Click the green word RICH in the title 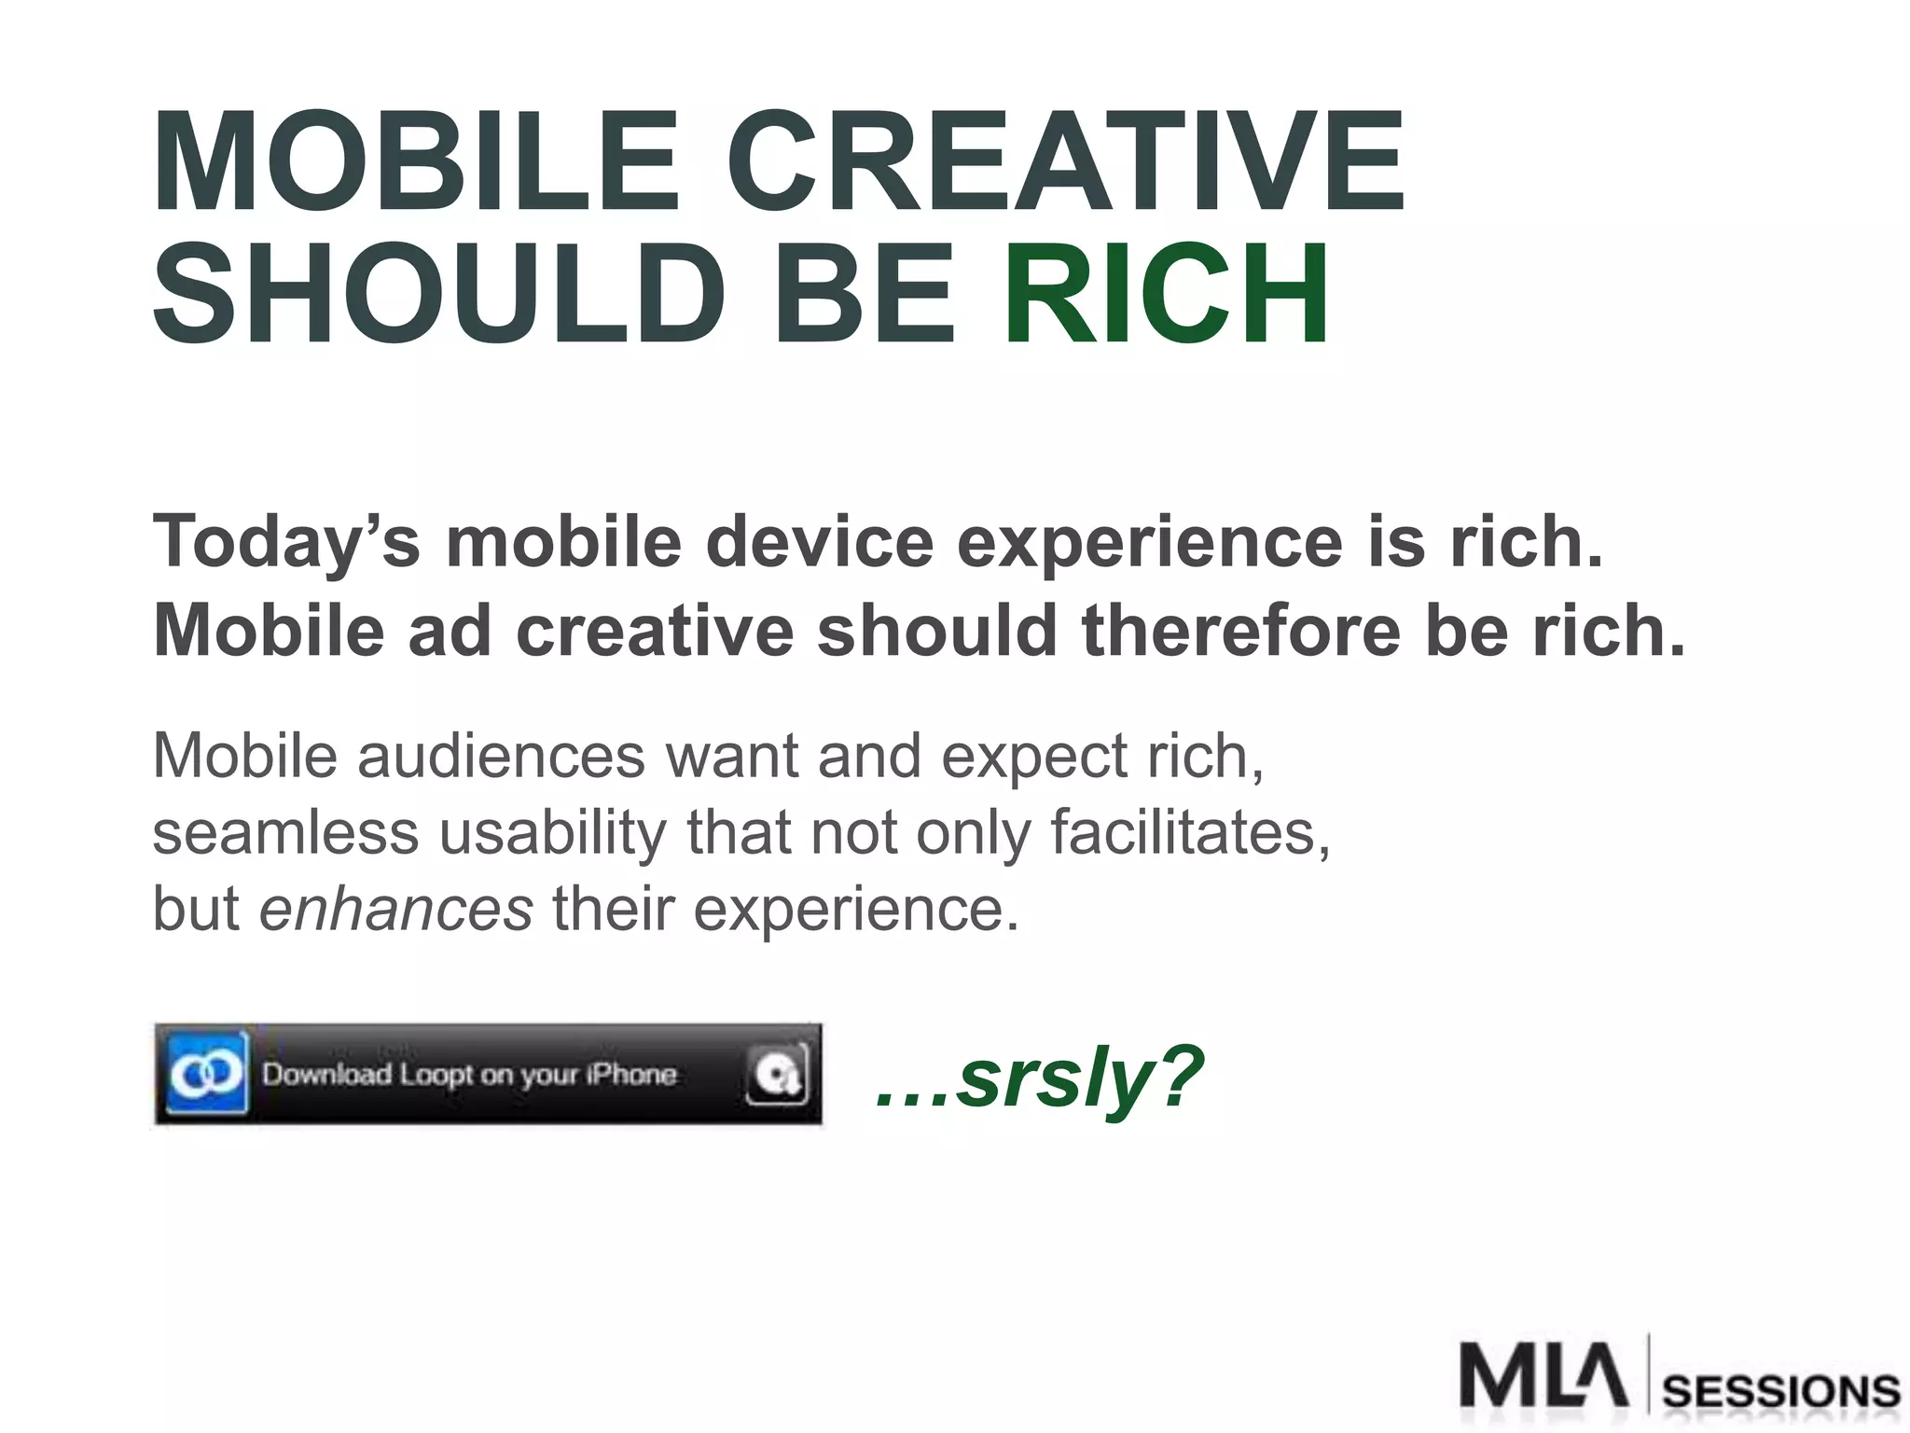coord(1167,294)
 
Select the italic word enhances coord(395,909)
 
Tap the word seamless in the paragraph coord(285,832)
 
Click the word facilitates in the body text coord(1189,832)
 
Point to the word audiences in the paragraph coord(501,756)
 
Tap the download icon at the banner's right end coord(776,1075)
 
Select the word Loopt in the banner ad coord(437,1075)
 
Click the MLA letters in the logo coord(1543,1373)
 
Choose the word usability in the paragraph coord(552,832)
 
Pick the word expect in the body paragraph coord(1033,756)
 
